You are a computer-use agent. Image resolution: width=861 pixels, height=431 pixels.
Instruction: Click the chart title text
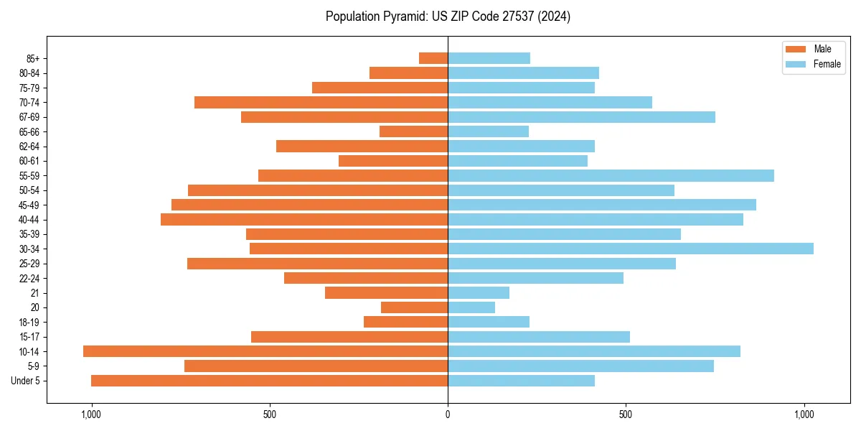click(448, 17)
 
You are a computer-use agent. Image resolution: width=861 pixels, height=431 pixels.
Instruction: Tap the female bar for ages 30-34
click(630, 249)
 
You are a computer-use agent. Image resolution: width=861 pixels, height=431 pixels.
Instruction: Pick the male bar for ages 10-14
click(265, 351)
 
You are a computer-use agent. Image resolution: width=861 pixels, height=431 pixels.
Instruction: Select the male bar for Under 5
click(269, 381)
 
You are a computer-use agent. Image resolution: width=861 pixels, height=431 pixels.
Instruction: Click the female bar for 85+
click(489, 58)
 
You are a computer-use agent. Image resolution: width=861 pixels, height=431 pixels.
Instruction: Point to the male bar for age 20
click(414, 307)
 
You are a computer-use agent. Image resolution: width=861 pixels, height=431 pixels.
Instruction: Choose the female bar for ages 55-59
click(611, 175)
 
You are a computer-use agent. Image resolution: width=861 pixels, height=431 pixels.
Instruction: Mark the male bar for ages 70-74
click(321, 102)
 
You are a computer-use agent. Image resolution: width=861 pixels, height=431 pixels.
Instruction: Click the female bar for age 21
click(479, 292)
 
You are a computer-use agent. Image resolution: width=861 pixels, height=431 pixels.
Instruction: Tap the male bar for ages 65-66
click(413, 131)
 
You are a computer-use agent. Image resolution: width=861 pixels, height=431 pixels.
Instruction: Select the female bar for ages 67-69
click(581, 117)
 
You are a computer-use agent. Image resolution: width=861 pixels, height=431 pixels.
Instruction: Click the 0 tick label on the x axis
click(448, 414)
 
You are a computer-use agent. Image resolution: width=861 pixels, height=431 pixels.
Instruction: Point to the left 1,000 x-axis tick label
click(91, 414)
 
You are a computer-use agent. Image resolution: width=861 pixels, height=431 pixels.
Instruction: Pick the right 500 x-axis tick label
click(626, 414)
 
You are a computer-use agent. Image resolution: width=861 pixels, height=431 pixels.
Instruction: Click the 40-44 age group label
click(29, 220)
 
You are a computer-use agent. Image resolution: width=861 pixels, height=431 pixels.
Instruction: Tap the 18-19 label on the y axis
click(29, 322)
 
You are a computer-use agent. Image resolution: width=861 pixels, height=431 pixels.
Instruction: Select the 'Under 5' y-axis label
click(26, 381)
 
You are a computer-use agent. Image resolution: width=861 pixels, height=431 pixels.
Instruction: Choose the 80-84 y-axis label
click(29, 73)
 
